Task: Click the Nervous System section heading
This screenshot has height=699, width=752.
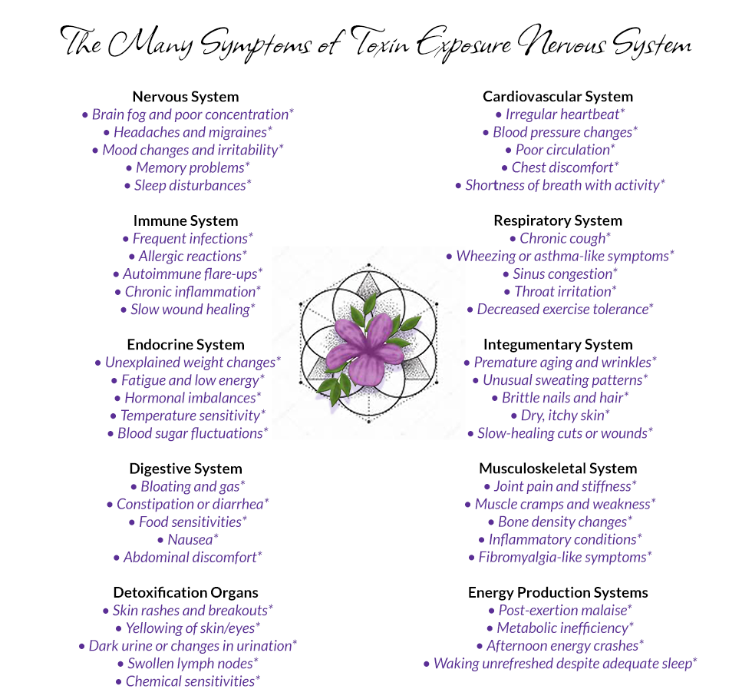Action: [x=186, y=97]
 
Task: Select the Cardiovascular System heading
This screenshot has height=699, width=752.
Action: [x=558, y=97]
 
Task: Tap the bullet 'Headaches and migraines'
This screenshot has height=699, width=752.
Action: [x=188, y=132]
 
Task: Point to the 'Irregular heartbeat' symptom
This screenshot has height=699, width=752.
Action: [x=560, y=114]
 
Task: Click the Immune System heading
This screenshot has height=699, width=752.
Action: [x=186, y=221]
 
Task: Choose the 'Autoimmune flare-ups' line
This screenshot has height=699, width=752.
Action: [x=188, y=273]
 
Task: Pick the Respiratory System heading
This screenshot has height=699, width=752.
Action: [x=558, y=220]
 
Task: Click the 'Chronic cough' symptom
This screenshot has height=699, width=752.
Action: [x=560, y=238]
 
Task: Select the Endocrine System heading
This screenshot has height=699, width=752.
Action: [x=186, y=345]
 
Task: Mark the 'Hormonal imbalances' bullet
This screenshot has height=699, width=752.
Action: [x=188, y=398]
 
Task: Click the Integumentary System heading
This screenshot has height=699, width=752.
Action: [x=558, y=344]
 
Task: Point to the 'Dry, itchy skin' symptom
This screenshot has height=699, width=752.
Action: [x=560, y=416]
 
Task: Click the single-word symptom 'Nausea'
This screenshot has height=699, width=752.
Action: [x=188, y=539]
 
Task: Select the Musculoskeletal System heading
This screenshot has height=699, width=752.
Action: [x=558, y=469]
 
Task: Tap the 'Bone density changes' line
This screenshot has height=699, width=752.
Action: [x=560, y=522]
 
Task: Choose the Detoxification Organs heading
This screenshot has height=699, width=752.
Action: [x=186, y=592]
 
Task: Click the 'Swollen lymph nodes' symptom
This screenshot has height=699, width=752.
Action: [x=188, y=664]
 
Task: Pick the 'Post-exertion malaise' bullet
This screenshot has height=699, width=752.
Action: [x=560, y=610]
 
